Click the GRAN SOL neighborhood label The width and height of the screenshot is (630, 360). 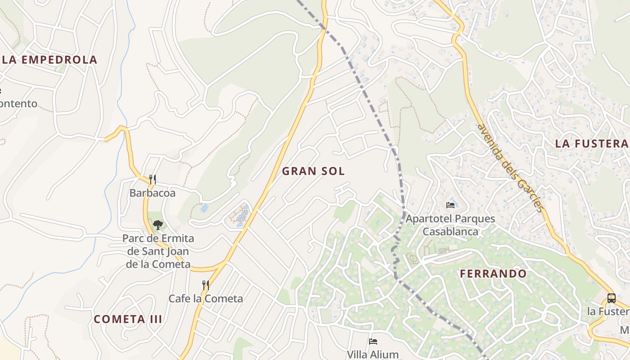point(313,171)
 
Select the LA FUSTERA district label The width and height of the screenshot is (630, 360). point(591,144)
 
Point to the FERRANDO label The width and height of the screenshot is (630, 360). point(493,274)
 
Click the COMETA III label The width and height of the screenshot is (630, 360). point(128,319)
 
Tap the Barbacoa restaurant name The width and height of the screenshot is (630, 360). point(152,193)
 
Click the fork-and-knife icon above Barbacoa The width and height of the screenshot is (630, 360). point(153,180)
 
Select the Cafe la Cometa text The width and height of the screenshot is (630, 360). point(206,298)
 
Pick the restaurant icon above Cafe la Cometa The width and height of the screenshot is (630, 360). point(206,285)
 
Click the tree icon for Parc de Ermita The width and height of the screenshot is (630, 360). point(157,224)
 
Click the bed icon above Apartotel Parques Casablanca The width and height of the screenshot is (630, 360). point(450,205)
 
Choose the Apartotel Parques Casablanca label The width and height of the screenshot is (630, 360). point(450,225)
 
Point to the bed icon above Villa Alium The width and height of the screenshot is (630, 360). point(373,342)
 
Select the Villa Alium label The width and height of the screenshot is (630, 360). point(373,354)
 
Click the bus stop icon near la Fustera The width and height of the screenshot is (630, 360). point(611,298)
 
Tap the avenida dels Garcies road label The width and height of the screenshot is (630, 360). point(510,168)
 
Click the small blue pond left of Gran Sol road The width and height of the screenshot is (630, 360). point(204,208)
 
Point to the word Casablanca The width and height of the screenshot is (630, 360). point(450,232)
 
